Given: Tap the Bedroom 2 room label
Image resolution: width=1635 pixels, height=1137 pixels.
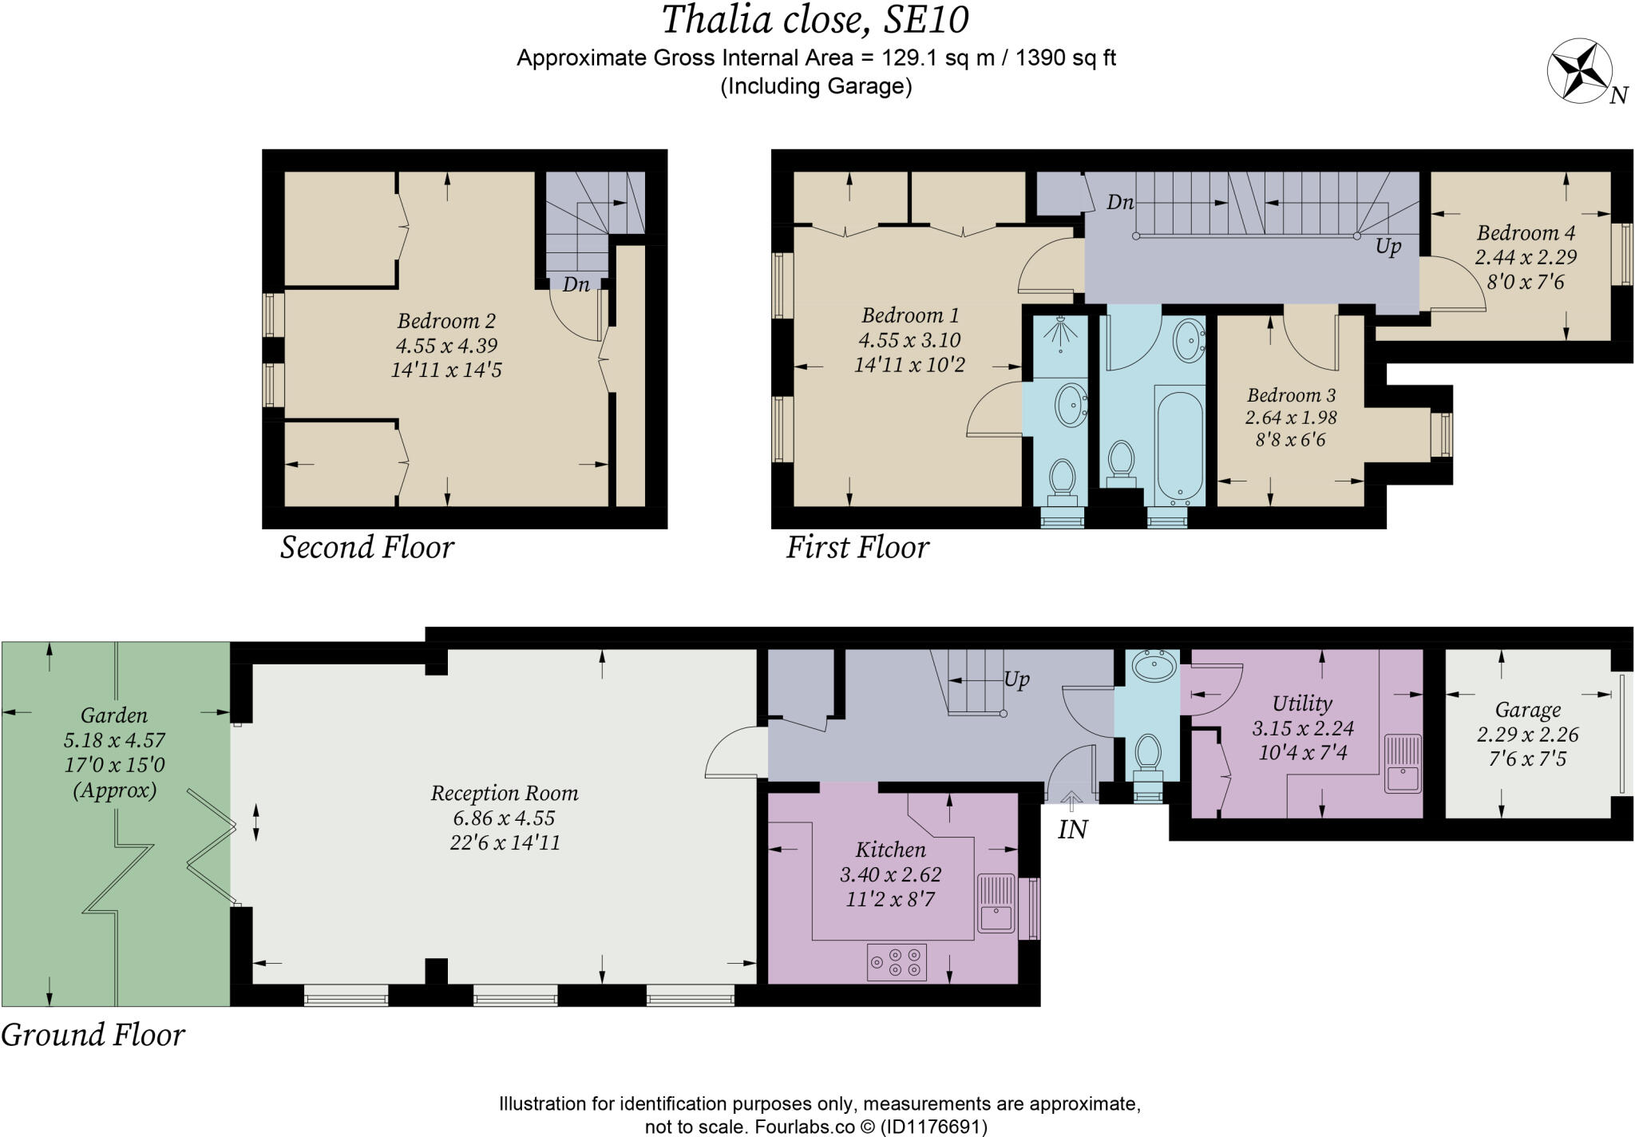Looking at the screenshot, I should [446, 321].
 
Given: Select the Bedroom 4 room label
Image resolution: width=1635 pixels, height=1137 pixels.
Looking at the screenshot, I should [1526, 233].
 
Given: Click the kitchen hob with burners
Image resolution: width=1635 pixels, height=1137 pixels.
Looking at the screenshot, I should [897, 962].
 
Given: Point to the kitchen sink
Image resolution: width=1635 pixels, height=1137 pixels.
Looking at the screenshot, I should [996, 904].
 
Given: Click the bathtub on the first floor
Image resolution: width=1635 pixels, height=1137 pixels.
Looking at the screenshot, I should [1179, 444].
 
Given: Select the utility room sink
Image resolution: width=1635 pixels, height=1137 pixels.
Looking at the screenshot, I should [1403, 763].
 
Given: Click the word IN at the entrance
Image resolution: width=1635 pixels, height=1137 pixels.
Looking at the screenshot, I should [1072, 830].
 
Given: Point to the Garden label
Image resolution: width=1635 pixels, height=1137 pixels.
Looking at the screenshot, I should [114, 715].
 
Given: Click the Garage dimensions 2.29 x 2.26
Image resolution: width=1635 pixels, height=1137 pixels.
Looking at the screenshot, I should [1527, 735].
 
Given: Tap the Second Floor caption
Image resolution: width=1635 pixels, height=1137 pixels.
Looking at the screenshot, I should [366, 548].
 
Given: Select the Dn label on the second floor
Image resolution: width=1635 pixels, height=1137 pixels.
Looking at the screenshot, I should [576, 284].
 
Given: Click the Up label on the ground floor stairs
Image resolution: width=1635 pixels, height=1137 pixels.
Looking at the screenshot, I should [1016, 679].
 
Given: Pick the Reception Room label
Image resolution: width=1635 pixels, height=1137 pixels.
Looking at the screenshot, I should [505, 793].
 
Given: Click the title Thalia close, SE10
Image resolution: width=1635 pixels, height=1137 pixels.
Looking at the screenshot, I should [815, 20].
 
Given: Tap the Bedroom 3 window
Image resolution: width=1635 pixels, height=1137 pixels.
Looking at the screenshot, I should [1441, 435].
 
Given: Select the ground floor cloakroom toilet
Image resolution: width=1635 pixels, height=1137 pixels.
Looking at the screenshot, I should [1147, 755].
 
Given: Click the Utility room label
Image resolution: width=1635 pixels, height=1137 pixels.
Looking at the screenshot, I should [1301, 703].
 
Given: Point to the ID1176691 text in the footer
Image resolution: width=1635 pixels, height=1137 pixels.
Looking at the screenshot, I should [933, 1127].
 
